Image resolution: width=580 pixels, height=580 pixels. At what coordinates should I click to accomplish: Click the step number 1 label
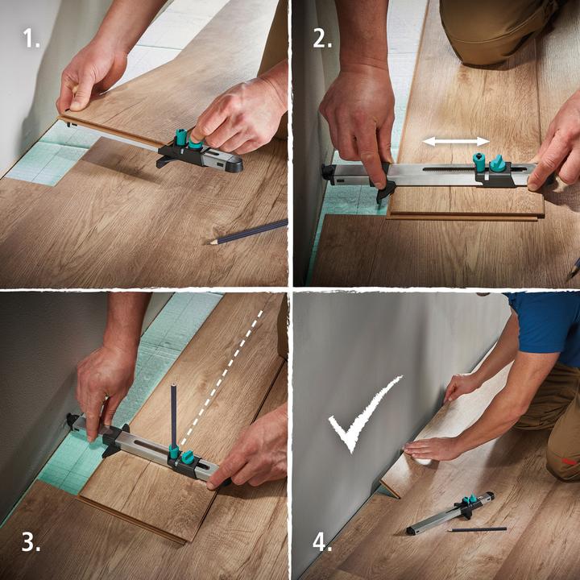(31, 37)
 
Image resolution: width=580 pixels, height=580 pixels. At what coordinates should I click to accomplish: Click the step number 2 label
(321, 37)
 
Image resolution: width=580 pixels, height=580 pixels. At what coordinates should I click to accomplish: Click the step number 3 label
(31, 541)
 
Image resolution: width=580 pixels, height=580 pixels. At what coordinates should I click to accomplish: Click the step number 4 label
(321, 541)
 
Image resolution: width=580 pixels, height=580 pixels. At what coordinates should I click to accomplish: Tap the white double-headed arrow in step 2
(456, 141)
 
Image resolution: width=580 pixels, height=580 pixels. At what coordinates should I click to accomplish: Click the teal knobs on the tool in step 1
(187, 139)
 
